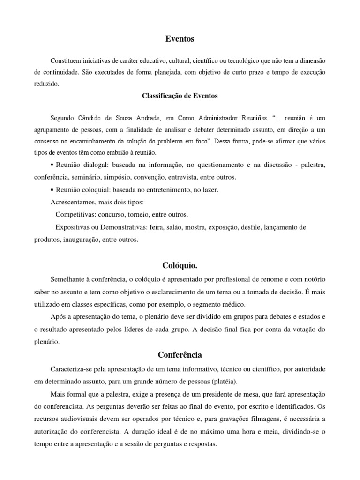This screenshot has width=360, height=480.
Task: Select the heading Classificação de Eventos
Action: pyautogui.click(x=180, y=96)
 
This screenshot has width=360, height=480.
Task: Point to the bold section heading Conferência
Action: pyautogui.click(x=180, y=355)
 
